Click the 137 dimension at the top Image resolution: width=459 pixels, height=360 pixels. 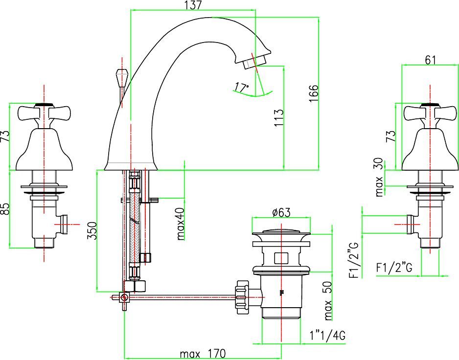click(x=193, y=5)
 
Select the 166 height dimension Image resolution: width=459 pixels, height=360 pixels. click(x=313, y=93)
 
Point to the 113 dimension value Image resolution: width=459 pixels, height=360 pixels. click(x=279, y=118)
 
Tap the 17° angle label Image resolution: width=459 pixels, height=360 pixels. click(x=242, y=88)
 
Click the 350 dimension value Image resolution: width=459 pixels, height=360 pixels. click(x=92, y=231)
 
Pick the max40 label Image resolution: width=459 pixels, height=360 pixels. click(x=181, y=224)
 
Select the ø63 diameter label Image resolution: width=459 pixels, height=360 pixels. click(x=281, y=212)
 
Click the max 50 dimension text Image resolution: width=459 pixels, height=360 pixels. click(x=328, y=300)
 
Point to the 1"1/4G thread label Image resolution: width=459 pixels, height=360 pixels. click(x=327, y=335)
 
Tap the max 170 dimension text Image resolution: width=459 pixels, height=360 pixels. click(x=203, y=354)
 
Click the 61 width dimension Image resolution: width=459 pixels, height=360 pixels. click(x=430, y=60)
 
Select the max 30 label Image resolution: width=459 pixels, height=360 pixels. click(x=379, y=177)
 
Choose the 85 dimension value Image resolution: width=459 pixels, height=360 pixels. click(x=5, y=209)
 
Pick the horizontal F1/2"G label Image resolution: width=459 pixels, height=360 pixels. click(x=394, y=268)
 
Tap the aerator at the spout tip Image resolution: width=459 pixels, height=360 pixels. click(x=254, y=63)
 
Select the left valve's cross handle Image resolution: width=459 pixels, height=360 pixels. click(x=44, y=113)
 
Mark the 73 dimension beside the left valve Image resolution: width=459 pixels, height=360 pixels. click(x=5, y=136)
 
